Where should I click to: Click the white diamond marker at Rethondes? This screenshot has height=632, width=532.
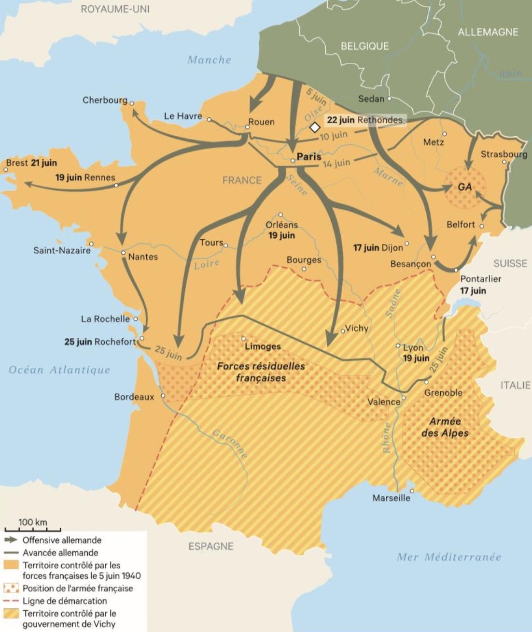pyautogui.click(x=315, y=128)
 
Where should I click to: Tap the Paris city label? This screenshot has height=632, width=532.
pyautogui.click(x=309, y=157)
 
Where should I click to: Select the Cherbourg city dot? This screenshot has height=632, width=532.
pyautogui.click(x=131, y=103)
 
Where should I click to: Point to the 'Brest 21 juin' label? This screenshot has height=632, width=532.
pyautogui.click(x=31, y=163)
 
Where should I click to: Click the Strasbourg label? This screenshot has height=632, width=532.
pyautogui.click(x=504, y=154)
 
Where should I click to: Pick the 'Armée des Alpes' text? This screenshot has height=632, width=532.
pyautogui.click(x=445, y=427)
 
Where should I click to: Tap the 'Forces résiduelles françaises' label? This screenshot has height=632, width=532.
pyautogui.click(x=261, y=372)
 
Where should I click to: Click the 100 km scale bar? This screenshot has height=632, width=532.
pyautogui.click(x=33, y=529)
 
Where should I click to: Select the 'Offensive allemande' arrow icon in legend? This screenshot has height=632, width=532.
pyautogui.click(x=11, y=540)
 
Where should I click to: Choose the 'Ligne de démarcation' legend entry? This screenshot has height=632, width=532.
pyautogui.click(x=65, y=601)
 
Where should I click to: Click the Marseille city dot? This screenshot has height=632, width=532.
pyautogui.click(x=412, y=491)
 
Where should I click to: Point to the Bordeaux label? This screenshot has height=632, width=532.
pyautogui.click(x=134, y=397)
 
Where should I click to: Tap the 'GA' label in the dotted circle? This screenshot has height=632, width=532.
pyautogui.click(x=464, y=187)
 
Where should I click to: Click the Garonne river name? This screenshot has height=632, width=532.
pyautogui.click(x=231, y=443)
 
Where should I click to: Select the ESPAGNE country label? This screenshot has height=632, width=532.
pyautogui.click(x=211, y=546)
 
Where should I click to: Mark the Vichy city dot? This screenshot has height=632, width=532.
pyautogui.click(x=343, y=331)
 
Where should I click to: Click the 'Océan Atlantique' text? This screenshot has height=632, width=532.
pyautogui.click(x=59, y=370)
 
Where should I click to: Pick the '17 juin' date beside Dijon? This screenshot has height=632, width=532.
pyautogui.click(x=366, y=248)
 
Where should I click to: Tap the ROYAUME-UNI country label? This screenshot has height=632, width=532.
pyautogui.click(x=115, y=9)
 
